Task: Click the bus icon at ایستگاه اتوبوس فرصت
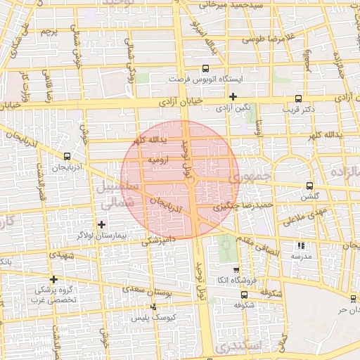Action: click(205, 69)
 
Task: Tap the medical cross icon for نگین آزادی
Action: click(233, 97)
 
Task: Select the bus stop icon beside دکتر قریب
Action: click(299, 99)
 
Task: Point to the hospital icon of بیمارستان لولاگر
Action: click(102, 224)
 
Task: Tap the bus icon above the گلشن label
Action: click(310, 186)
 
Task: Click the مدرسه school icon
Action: click(301, 246)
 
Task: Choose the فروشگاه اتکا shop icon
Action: click(236, 270)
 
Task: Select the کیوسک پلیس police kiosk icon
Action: click(154, 307)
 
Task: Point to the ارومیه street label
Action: click(158, 160)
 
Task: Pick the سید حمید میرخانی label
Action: click(231, 5)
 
